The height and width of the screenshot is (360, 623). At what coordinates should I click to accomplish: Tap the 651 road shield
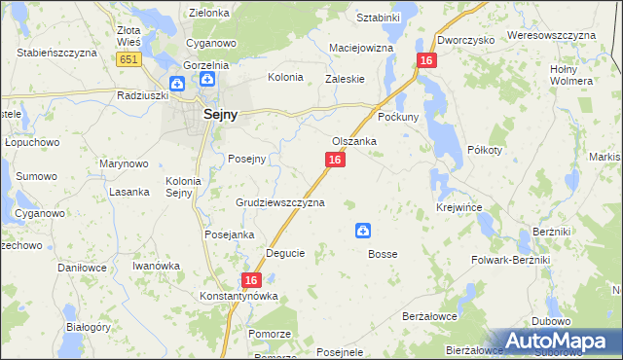[128, 60]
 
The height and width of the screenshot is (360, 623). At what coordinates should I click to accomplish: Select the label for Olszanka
[354, 141]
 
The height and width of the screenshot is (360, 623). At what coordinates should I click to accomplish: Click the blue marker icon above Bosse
[362, 231]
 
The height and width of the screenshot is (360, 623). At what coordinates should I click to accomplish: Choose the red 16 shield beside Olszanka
[334, 160]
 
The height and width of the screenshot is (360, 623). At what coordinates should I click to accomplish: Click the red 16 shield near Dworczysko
[425, 60]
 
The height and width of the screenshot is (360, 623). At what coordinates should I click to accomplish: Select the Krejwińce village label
[459, 208]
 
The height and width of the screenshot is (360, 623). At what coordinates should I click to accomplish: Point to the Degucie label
[285, 253]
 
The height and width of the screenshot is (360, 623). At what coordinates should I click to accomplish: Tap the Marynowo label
[124, 163]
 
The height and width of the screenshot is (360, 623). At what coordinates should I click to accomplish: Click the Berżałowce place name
[429, 317]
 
